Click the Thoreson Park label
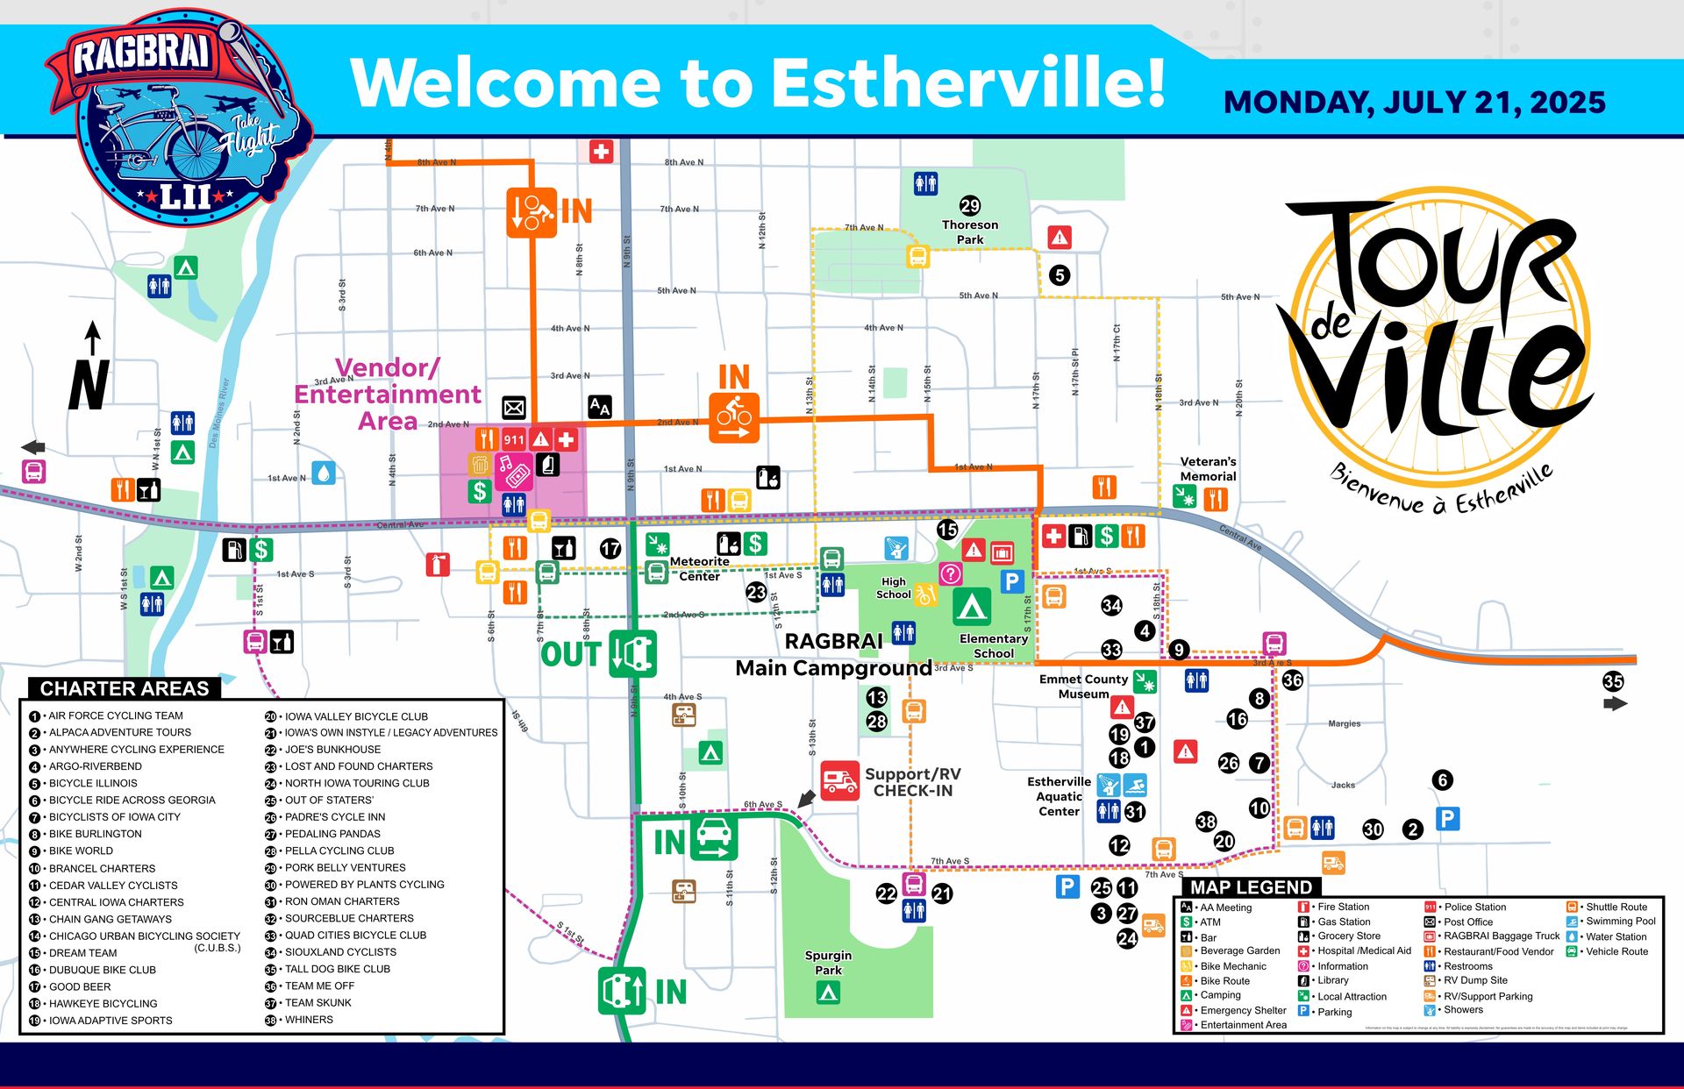969,232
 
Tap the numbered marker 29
969,205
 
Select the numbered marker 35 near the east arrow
1612,681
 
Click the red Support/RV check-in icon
839,779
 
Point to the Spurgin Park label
828,962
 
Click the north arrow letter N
89,386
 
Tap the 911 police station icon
514,439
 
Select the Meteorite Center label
699,568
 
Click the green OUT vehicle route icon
632,654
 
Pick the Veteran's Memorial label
1208,468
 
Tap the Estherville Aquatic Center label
1059,796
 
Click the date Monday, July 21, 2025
1414,103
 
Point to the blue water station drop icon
324,473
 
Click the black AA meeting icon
599,407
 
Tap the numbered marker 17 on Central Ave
610,549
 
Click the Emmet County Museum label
1083,686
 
